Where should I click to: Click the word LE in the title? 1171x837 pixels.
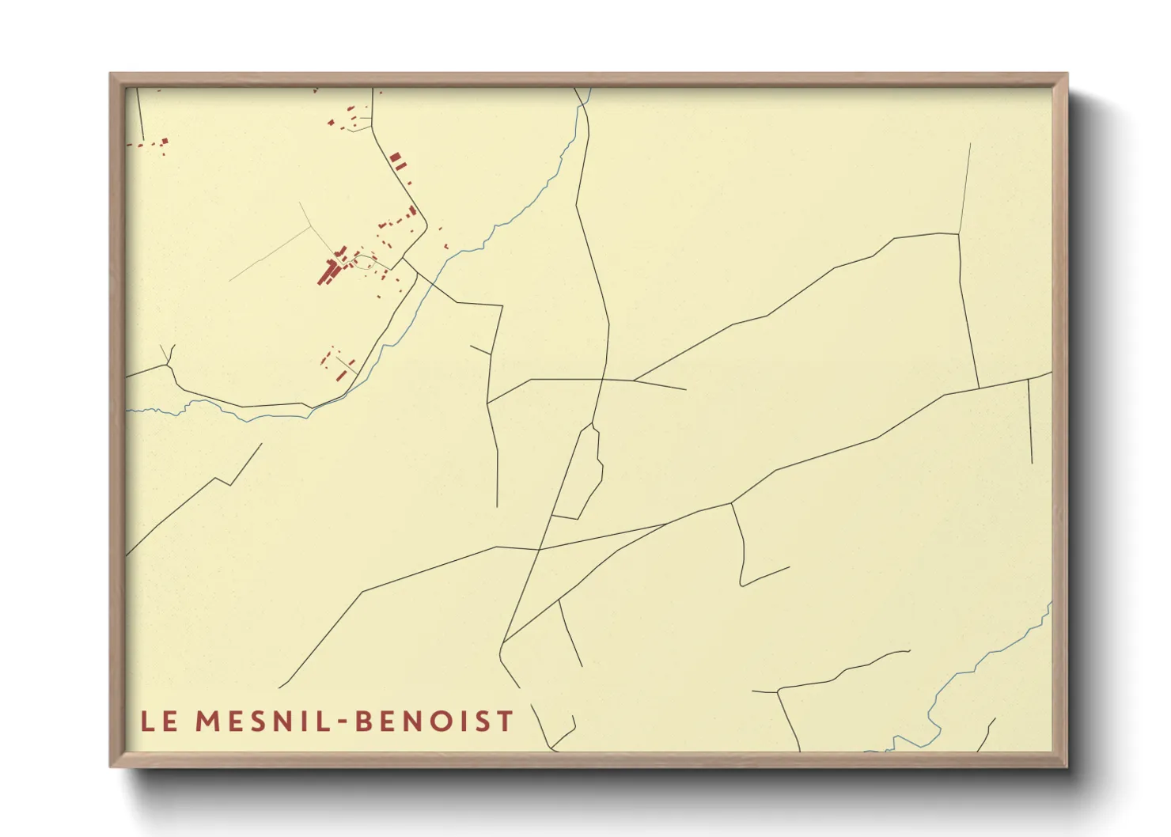coord(158,721)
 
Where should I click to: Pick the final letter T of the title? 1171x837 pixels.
coord(506,721)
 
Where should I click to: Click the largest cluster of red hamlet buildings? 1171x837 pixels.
coord(331,269)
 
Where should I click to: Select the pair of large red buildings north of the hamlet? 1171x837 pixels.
coord(397,161)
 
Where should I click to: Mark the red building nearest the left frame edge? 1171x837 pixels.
coord(165,142)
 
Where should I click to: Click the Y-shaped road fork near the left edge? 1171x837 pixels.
coord(169,365)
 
